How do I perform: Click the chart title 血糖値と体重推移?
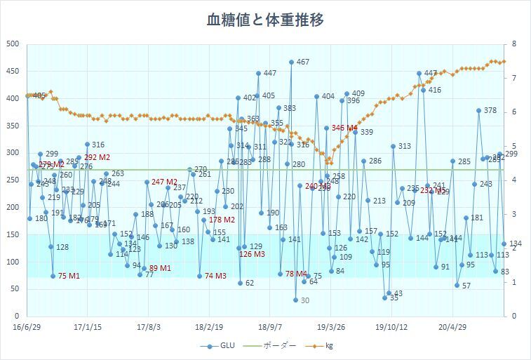(x=265, y=20)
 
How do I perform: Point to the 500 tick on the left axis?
(x=12, y=44)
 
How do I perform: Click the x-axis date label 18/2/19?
(x=209, y=326)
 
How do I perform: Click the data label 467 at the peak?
(x=302, y=62)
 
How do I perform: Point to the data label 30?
(x=304, y=300)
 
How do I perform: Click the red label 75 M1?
(x=69, y=276)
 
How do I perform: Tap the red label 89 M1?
(x=160, y=268)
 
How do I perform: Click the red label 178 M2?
(x=222, y=220)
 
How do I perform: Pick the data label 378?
(x=490, y=111)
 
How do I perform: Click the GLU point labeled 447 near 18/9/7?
(x=258, y=73)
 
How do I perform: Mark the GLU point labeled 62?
(x=240, y=283)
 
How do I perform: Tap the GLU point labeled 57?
(x=457, y=285)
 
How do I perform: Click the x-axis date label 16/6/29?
(x=27, y=326)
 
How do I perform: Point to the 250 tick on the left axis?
(x=12, y=180)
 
